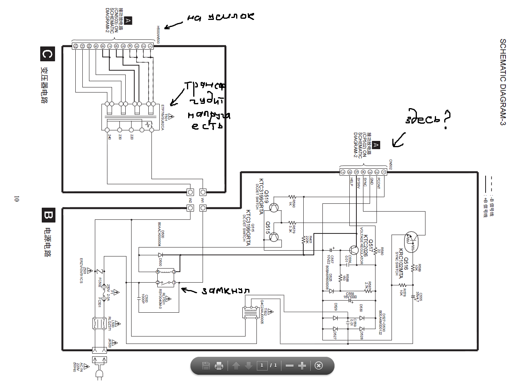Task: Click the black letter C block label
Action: pyautogui.click(x=47, y=54)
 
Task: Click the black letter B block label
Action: pyautogui.click(x=48, y=215)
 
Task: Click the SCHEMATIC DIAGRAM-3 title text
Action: pyautogui.click(x=503, y=82)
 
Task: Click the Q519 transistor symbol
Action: pyautogui.click(x=274, y=208)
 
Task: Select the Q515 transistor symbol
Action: pyautogui.click(x=274, y=237)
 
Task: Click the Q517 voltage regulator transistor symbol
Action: pyautogui.click(x=354, y=250)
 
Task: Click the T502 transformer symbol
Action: pyautogui.click(x=249, y=313)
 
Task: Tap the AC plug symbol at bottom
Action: pyautogui.click(x=99, y=374)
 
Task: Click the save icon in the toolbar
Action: pyautogui.click(x=206, y=366)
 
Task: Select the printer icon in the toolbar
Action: pyautogui.click(x=219, y=366)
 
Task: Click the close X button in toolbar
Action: pyautogui.click(x=319, y=366)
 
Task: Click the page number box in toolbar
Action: pyautogui.click(x=262, y=366)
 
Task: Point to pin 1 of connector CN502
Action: pyautogui.click(x=384, y=172)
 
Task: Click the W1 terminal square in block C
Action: pyautogui.click(x=203, y=192)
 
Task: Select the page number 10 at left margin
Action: pyautogui.click(x=16, y=199)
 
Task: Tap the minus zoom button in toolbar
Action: pyautogui.click(x=289, y=366)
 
